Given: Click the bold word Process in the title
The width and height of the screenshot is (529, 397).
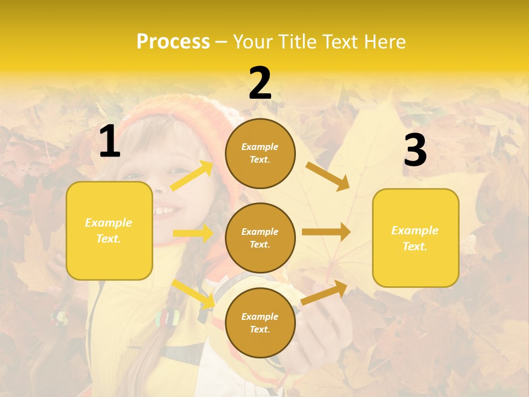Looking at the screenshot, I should (173, 42).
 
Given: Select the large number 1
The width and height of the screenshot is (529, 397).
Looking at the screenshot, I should (110, 142).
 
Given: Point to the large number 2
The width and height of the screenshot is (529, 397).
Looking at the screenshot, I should (260, 83).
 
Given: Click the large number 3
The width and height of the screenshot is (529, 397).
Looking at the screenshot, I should (415, 151).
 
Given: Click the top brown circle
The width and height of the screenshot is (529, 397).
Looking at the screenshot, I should (260, 153).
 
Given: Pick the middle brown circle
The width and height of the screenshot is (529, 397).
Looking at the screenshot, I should (260, 238).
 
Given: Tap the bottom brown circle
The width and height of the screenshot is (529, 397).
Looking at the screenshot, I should (260, 323).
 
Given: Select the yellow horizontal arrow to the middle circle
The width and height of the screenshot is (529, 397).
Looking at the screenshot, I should (193, 233).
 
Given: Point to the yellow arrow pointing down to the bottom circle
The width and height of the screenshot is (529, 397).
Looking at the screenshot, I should (193, 294).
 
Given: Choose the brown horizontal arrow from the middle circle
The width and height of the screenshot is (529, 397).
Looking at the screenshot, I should (326, 232).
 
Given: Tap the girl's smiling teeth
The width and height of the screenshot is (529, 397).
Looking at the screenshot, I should (165, 211).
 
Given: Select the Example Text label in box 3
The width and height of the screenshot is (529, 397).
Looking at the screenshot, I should (415, 238).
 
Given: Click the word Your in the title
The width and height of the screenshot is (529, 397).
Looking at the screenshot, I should (253, 42).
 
